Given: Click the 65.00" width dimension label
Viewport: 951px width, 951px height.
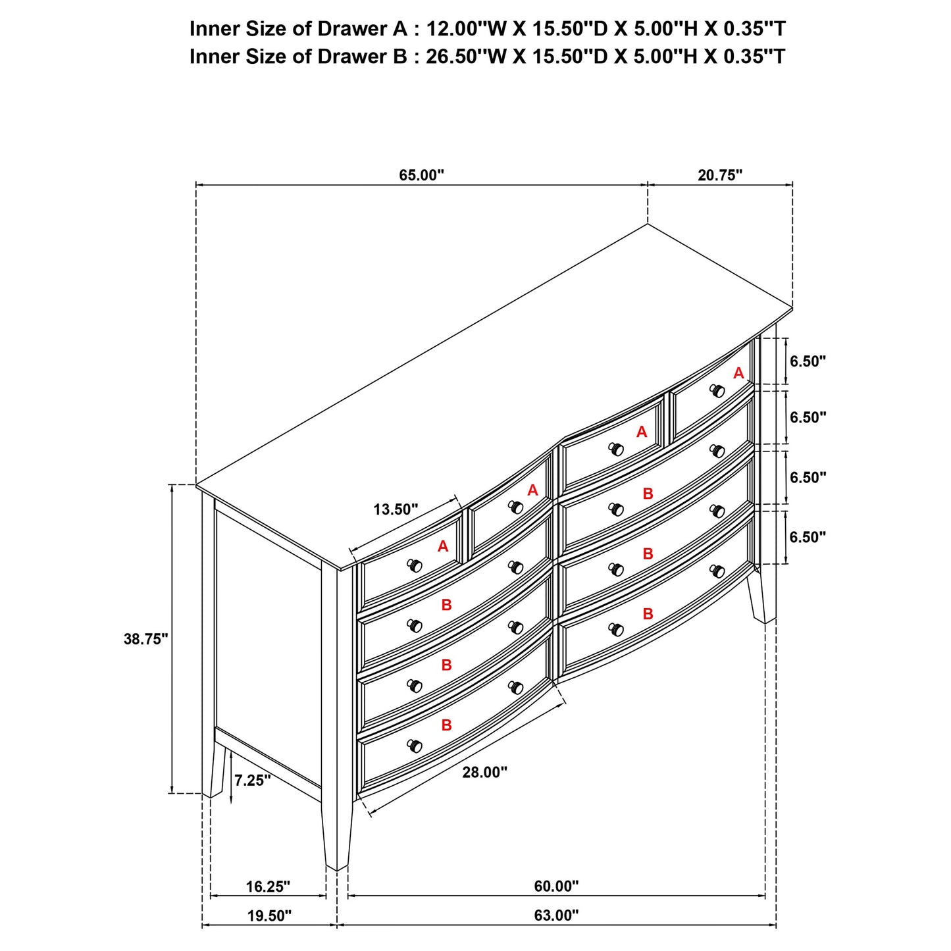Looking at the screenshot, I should [x=422, y=175].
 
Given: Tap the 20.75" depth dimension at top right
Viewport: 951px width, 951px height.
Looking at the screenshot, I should [x=720, y=175].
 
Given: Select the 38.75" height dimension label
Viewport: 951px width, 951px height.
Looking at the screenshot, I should [x=146, y=638].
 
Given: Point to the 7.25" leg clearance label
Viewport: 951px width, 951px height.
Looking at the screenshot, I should [x=252, y=781].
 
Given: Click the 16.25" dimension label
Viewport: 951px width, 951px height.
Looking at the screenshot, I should [x=268, y=887].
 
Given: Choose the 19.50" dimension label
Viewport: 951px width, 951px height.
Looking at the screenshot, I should [x=269, y=915].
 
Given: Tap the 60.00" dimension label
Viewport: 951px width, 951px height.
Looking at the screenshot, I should [x=556, y=887].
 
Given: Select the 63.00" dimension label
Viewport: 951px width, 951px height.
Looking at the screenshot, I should [x=556, y=915].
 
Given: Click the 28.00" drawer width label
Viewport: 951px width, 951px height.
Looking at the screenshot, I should [x=484, y=772].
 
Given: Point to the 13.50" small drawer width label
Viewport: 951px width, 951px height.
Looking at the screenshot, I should [x=396, y=509].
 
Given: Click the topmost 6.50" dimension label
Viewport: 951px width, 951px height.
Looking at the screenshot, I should [x=808, y=361].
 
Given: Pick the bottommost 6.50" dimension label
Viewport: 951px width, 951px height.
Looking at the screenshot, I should [x=808, y=538].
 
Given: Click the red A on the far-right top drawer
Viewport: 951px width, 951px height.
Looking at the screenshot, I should [x=738, y=374].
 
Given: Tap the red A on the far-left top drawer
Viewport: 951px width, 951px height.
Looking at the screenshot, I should [x=443, y=546].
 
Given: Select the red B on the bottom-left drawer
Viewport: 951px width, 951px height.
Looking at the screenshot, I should [x=446, y=725].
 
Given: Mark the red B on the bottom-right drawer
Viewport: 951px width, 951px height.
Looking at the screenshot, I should [x=648, y=614].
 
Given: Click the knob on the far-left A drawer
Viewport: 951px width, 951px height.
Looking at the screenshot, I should [x=415, y=565].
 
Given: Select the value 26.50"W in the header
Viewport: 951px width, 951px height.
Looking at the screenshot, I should [x=466, y=57].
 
